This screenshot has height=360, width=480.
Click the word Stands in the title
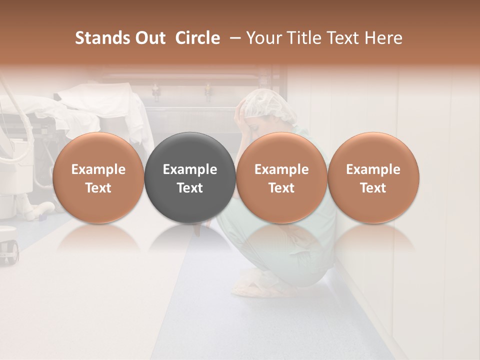(96, 38)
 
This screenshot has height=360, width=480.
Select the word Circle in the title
(197, 38)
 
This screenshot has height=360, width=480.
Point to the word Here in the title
(384, 38)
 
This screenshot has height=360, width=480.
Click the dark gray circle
(190, 177)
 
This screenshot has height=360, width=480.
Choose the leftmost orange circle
(98, 177)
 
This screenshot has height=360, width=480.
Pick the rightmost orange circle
(373, 177)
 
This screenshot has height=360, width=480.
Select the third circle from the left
(281, 177)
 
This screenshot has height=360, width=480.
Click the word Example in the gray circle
(190, 169)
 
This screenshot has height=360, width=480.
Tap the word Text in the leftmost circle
(98, 188)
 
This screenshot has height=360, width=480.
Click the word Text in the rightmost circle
(373, 188)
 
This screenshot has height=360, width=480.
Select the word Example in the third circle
(281, 169)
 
